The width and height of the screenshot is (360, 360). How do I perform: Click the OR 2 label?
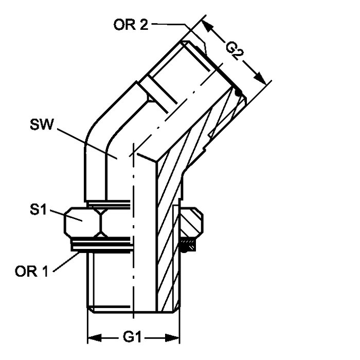[131, 25]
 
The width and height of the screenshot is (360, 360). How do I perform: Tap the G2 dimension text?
[235, 51]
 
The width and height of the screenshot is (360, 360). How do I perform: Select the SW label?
[42, 124]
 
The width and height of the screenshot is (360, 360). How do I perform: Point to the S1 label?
[39, 210]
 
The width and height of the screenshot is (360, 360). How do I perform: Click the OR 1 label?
[32, 271]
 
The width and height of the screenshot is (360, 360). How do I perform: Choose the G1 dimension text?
[132, 337]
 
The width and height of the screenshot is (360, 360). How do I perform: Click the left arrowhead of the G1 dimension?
[95, 338]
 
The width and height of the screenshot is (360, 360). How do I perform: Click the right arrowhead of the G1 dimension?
[172, 338]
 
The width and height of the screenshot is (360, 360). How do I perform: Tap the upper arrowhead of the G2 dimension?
[207, 26]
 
